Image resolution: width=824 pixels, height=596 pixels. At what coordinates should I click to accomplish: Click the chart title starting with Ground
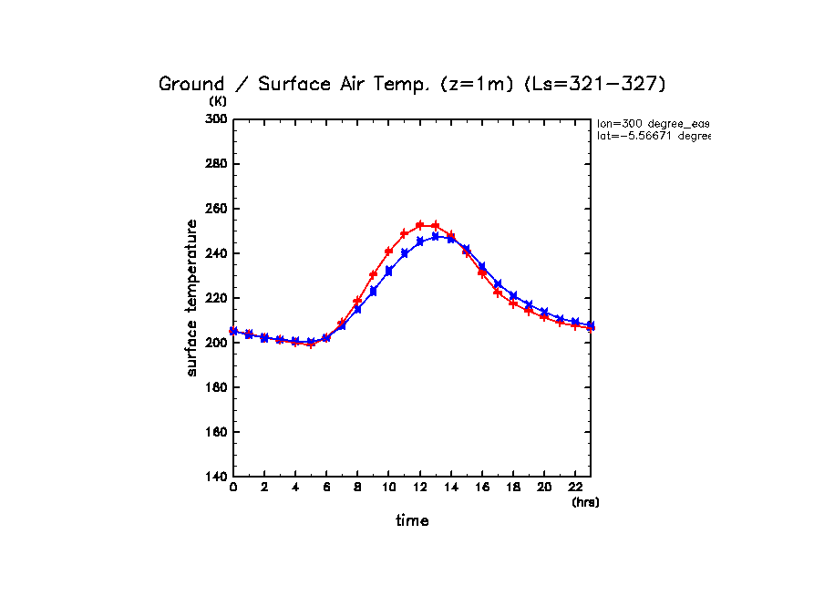[413, 84]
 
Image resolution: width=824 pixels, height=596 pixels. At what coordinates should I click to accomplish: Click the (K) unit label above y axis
[218, 101]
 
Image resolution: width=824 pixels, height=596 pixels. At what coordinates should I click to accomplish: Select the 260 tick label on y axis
[216, 209]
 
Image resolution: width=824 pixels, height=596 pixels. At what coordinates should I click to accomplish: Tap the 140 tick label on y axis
[216, 477]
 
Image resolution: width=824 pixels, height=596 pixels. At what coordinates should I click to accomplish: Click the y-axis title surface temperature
[191, 298]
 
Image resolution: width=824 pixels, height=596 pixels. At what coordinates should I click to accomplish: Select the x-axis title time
[412, 520]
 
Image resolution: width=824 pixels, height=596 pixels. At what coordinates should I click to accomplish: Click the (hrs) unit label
[585, 502]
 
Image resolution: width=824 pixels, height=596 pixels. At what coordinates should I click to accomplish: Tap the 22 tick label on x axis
[574, 488]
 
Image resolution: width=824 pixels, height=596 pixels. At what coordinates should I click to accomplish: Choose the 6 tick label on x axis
[326, 488]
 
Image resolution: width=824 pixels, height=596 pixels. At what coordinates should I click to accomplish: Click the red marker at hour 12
[419, 225]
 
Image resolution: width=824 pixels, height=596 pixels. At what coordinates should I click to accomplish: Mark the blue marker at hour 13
[436, 236]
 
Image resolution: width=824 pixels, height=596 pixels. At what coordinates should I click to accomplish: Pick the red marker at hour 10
[388, 252]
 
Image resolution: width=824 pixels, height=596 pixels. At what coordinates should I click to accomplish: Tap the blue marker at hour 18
[513, 295]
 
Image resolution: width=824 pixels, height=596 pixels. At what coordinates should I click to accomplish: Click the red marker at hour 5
[311, 344]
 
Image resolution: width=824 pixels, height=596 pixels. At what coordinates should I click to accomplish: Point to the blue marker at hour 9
[373, 291]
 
